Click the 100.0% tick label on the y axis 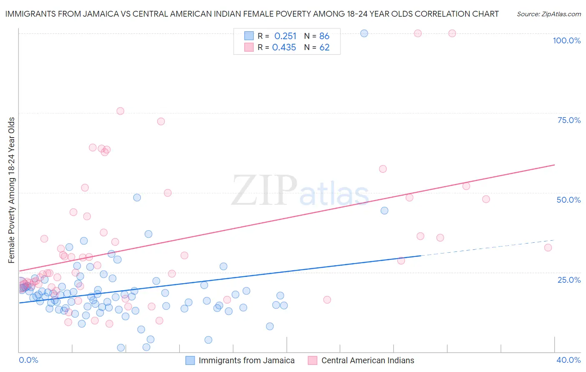pyautogui.click(x=566, y=40)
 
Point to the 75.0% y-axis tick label pyautogui.click(x=569, y=120)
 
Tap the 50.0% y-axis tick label pyautogui.click(x=568, y=200)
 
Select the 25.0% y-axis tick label pyautogui.click(x=569, y=279)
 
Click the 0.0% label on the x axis pyautogui.click(x=28, y=360)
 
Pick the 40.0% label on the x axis pyautogui.click(x=568, y=360)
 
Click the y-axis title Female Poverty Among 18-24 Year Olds pyautogui.click(x=11, y=190)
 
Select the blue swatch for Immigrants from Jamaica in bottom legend pyautogui.click(x=190, y=360)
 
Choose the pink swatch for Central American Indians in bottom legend pyautogui.click(x=313, y=360)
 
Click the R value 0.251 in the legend pyautogui.click(x=285, y=36)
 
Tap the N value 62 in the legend pyautogui.click(x=324, y=48)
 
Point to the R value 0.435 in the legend pyautogui.click(x=284, y=48)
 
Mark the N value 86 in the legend pyautogui.click(x=324, y=36)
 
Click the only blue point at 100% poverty pyautogui.click(x=364, y=33)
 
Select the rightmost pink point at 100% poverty pyautogui.click(x=452, y=33)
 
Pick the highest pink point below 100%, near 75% pyautogui.click(x=120, y=111)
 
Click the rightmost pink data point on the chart pyautogui.click(x=548, y=248)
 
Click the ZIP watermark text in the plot pyautogui.click(x=264, y=190)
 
